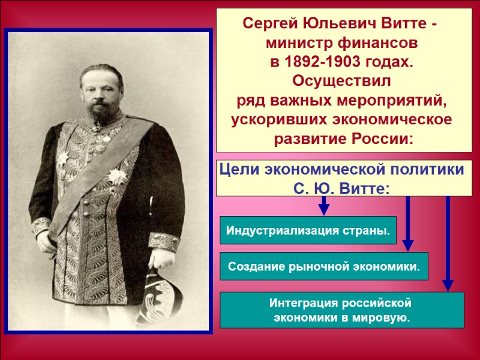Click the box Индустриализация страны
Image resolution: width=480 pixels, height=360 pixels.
pos(308,230)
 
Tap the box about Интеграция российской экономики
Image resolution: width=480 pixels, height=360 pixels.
pos(342,310)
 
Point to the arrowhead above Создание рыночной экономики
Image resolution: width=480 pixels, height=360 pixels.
pos(408,244)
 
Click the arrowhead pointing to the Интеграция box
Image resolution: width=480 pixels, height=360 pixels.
pos(448,284)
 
